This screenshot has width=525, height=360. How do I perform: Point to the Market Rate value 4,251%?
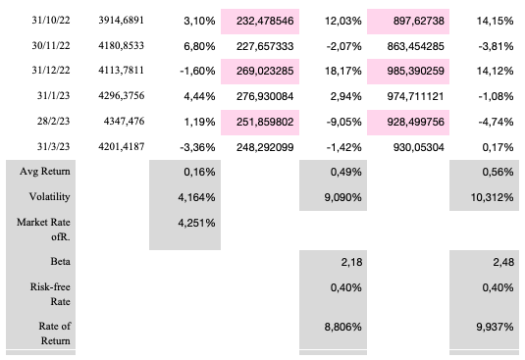pos(196,222)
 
